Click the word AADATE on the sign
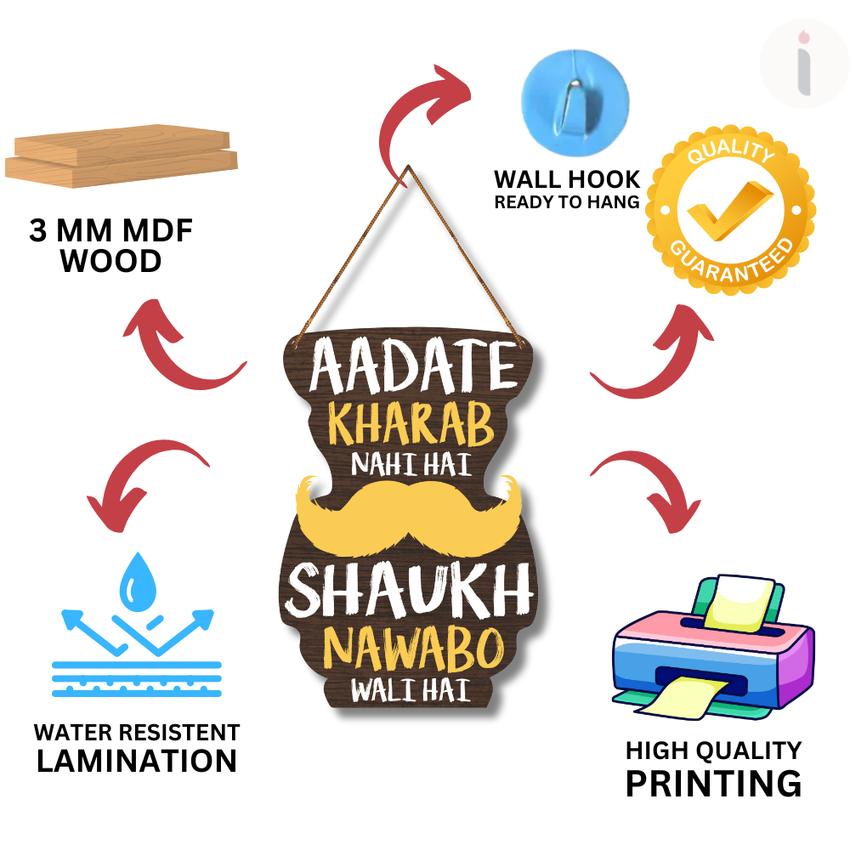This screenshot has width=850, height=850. (x=413, y=365)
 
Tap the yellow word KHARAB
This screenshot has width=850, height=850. (x=411, y=424)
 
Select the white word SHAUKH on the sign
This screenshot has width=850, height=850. (x=409, y=590)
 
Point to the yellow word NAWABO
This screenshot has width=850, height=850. (x=414, y=649)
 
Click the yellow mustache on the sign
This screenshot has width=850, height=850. (x=409, y=514)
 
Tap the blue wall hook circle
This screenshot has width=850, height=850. (x=575, y=103)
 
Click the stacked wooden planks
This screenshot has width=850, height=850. (x=122, y=156)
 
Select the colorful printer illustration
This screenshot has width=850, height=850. (x=713, y=649)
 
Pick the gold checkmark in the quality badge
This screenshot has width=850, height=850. (x=729, y=210)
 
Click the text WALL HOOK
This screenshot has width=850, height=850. (x=567, y=179)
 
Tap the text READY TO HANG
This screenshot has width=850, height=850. (x=567, y=202)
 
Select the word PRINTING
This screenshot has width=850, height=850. (x=713, y=784)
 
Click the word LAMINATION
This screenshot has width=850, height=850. (x=137, y=761)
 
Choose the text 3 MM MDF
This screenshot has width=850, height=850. (x=110, y=230)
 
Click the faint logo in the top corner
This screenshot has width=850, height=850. (x=804, y=64)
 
